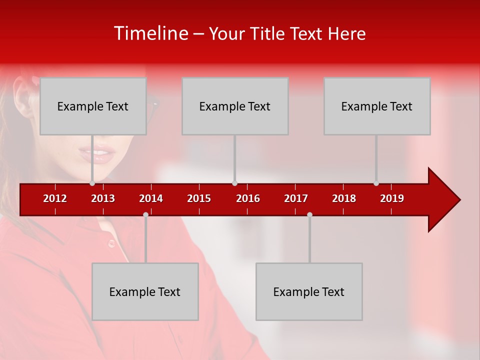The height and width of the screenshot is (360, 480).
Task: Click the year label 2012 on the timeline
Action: [x=55, y=198]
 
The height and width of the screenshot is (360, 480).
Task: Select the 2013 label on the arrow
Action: [x=103, y=198]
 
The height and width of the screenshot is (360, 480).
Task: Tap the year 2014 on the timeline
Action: [x=151, y=198]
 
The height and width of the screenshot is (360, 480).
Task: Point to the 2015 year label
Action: [x=199, y=198]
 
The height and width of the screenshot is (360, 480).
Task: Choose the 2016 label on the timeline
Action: [x=248, y=198]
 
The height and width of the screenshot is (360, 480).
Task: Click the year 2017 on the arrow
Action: [x=296, y=198]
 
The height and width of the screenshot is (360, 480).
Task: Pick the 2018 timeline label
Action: [x=344, y=198]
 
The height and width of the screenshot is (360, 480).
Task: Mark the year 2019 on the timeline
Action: [x=392, y=198]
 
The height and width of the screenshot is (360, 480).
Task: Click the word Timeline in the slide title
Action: [x=150, y=33]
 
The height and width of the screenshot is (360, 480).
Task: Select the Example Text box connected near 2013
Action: [x=93, y=106]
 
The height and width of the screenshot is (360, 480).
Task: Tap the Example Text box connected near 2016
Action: [x=235, y=106]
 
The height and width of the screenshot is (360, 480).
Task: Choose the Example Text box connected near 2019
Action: [x=377, y=106]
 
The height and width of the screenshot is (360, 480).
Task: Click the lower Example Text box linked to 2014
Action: [x=145, y=291]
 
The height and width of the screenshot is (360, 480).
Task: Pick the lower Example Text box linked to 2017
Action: [x=309, y=291]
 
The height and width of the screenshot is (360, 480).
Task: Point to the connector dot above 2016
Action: [x=235, y=183]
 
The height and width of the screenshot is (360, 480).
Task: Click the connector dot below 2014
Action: [x=145, y=214]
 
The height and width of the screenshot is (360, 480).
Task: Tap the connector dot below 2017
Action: [x=309, y=214]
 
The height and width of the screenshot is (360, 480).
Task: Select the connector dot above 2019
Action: [x=376, y=183]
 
